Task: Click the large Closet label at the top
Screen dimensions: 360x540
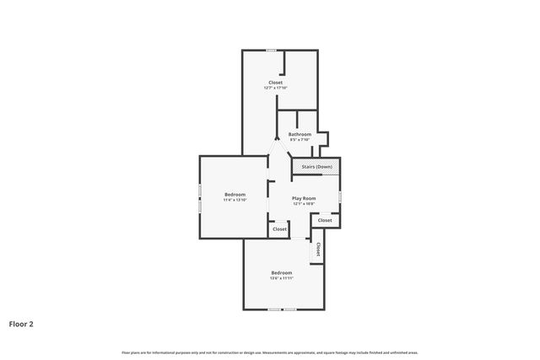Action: pyautogui.click(x=276, y=82)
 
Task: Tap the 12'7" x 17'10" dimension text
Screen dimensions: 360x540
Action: pyautogui.click(x=276, y=88)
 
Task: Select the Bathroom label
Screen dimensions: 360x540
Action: pyautogui.click(x=300, y=134)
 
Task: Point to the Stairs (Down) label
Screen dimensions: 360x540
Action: pyautogui.click(x=317, y=167)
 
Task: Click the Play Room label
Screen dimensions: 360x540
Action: pyautogui.click(x=304, y=198)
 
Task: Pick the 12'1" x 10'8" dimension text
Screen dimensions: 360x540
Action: pyautogui.click(x=304, y=204)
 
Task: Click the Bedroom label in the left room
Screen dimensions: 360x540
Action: pyautogui.click(x=235, y=195)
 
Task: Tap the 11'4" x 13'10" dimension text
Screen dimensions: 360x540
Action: pyautogui.click(x=235, y=201)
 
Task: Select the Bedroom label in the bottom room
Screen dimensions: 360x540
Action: pyautogui.click(x=281, y=272)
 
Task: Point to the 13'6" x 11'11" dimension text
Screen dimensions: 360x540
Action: pyautogui.click(x=281, y=278)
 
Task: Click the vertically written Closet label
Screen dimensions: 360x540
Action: pyautogui.click(x=318, y=250)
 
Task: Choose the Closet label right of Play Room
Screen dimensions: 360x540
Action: pyautogui.click(x=325, y=220)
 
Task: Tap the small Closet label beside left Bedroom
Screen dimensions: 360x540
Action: pyautogui.click(x=279, y=228)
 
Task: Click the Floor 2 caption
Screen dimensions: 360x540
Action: pyautogui.click(x=21, y=323)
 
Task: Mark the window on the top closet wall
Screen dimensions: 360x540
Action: pyautogui.click(x=272, y=51)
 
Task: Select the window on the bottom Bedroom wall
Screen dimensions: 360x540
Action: pyautogui.click(x=282, y=309)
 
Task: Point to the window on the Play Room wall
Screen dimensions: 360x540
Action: pyautogui.click(x=340, y=196)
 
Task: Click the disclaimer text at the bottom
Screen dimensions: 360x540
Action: pyautogui.click(x=270, y=352)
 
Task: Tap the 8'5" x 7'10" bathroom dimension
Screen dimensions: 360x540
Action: pyautogui.click(x=300, y=140)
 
